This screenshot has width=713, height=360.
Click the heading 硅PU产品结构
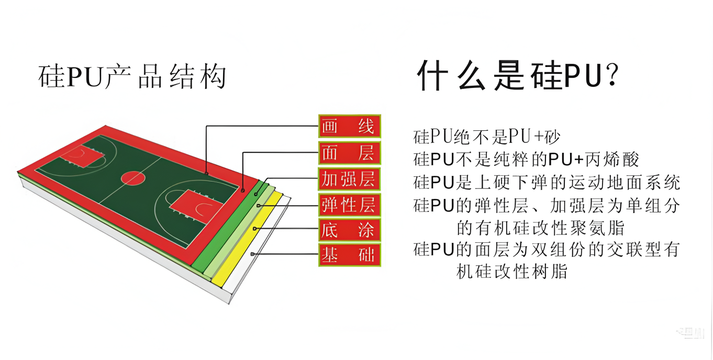(132, 76)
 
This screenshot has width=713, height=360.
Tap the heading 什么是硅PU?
(518, 76)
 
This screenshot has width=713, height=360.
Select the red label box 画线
(350, 126)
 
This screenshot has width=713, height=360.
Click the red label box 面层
(350, 153)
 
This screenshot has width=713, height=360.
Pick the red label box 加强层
(350, 179)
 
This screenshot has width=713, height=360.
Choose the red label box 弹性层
(350, 205)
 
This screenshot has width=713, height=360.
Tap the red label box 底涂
(350, 230)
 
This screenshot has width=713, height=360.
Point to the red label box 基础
(350, 255)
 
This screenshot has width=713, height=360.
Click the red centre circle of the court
(133, 178)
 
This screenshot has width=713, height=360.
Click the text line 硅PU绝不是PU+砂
(486, 137)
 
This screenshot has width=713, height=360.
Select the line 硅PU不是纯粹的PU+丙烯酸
(526, 159)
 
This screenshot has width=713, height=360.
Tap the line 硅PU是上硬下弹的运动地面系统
(547, 183)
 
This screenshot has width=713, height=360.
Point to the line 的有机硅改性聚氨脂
(540, 228)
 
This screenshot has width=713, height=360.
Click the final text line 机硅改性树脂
(512, 272)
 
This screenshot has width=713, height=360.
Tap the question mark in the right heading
(612, 74)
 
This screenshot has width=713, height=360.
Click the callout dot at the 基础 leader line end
(252, 254)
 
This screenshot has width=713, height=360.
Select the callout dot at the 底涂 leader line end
(254, 229)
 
